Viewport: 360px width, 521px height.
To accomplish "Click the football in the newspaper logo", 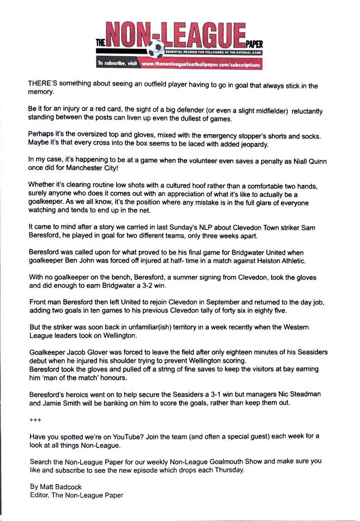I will pyautogui.click(x=156, y=49).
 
